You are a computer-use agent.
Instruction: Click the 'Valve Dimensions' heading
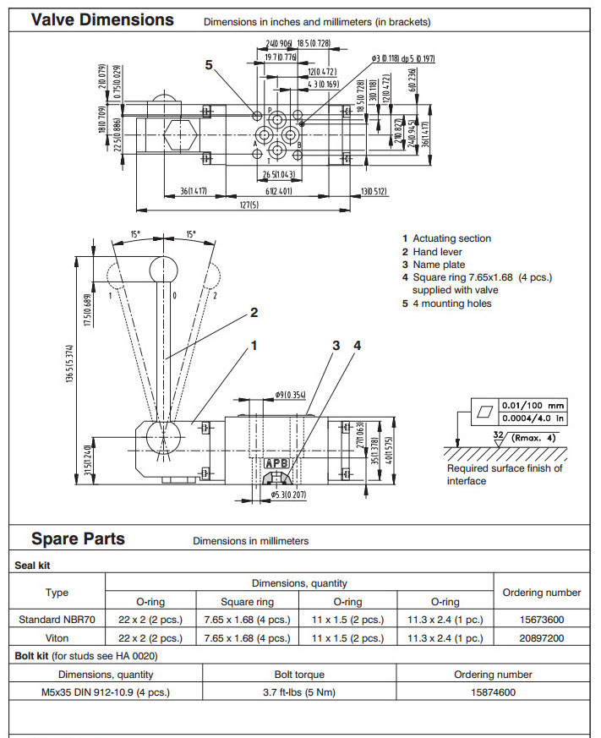[102, 19]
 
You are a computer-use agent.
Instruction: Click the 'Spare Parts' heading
[78, 538]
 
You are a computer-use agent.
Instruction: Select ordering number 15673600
[541, 620]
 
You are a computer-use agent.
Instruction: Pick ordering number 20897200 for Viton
[541, 638]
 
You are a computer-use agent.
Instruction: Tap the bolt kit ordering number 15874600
[493, 692]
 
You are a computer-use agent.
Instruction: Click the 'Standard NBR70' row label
[57, 620]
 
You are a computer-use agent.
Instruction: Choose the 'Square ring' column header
[247, 602]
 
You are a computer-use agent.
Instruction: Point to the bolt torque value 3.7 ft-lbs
[299, 692]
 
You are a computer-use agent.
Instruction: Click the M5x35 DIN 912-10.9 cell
[106, 692]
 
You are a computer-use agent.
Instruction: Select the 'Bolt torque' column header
[299, 675]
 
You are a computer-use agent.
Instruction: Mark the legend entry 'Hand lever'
[440, 252]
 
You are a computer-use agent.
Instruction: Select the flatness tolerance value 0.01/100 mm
[533, 405]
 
